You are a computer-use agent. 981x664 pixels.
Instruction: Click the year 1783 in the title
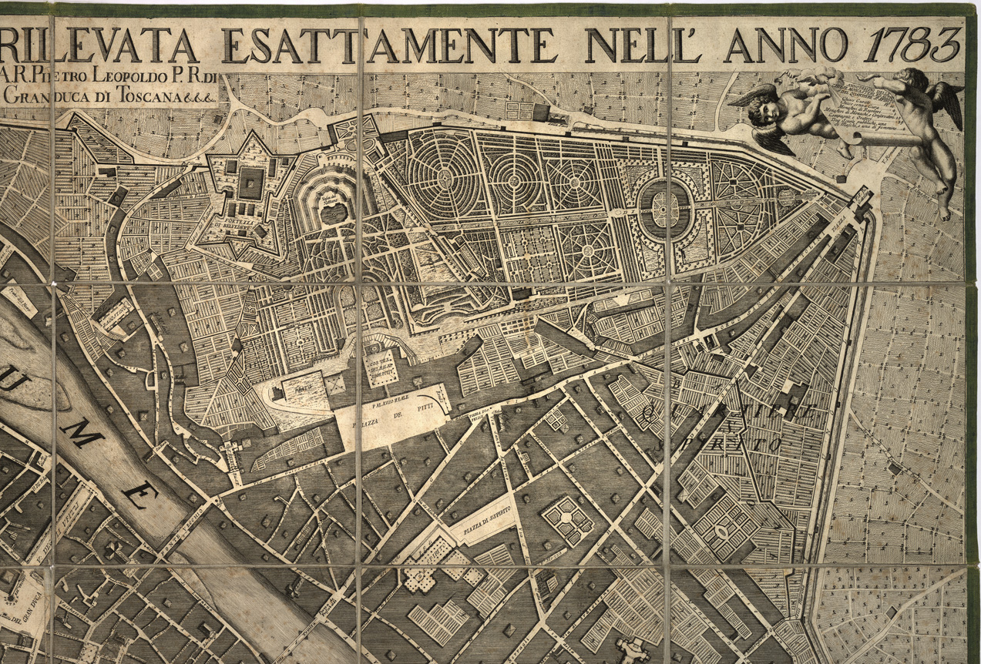(x=914, y=45)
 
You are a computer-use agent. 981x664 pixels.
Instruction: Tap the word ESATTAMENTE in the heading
(x=389, y=46)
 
